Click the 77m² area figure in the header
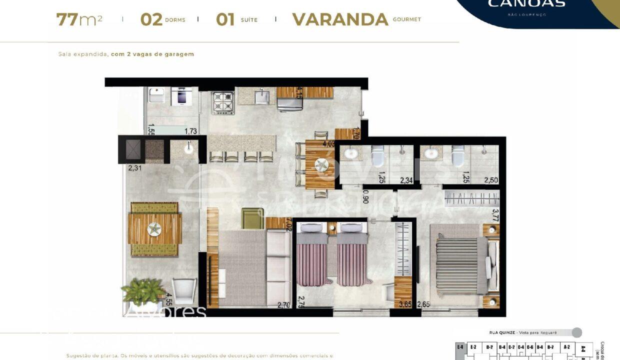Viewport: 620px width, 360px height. click(79, 19)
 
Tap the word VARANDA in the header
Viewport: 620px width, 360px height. click(340, 19)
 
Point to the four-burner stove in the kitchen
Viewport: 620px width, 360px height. click(223, 103)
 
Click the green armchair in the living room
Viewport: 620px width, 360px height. click(252, 218)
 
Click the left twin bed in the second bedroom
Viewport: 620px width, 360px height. click(311, 255)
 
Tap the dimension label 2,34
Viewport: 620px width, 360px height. click(405, 180)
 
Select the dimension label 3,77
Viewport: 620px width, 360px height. click(495, 215)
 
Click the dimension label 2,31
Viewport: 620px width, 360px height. click(135, 168)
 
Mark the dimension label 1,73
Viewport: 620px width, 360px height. click(190, 131)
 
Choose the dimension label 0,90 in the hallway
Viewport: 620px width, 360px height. click(365, 196)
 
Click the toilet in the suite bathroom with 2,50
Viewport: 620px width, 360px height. click(457, 156)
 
